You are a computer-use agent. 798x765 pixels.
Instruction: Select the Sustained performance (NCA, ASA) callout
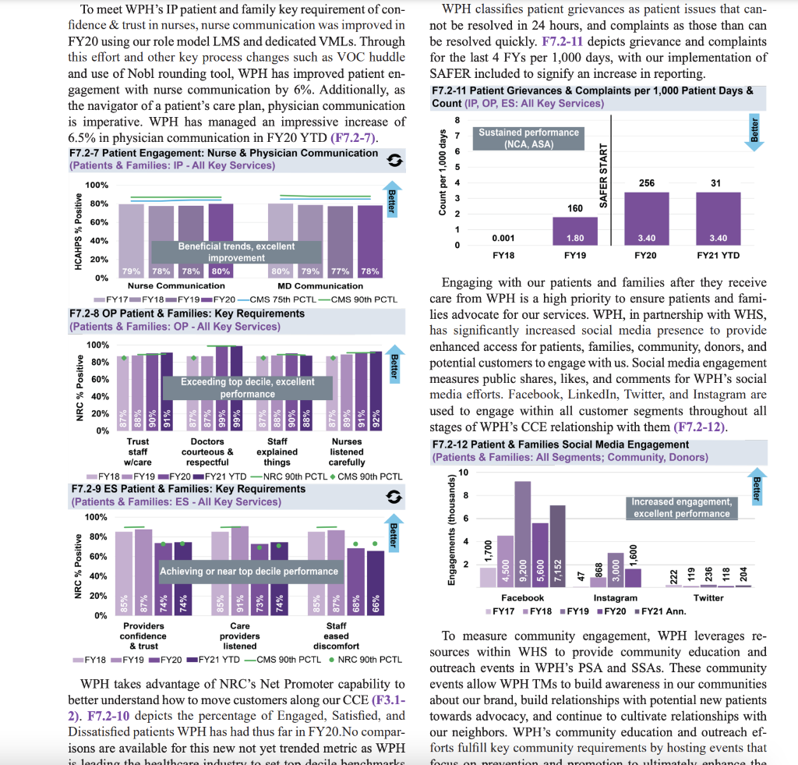click(528, 139)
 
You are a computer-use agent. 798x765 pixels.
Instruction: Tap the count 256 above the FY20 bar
click(646, 183)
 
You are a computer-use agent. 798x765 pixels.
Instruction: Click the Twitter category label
click(708, 598)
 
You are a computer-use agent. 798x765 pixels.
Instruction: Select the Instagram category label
click(615, 598)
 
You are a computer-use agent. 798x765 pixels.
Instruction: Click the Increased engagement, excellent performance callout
click(681, 508)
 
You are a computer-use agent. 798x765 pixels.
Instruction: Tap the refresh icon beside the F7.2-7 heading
click(395, 161)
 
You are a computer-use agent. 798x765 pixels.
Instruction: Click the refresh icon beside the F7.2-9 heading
click(395, 497)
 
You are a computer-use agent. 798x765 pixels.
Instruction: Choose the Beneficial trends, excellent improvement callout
click(236, 252)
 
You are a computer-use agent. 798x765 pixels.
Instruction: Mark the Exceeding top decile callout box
click(248, 388)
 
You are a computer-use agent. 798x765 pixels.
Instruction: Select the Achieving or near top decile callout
click(249, 572)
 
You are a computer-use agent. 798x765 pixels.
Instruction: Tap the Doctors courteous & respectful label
click(207, 452)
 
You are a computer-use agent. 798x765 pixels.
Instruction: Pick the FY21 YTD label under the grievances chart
click(718, 255)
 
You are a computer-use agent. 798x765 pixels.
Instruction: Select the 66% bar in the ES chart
click(376, 583)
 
